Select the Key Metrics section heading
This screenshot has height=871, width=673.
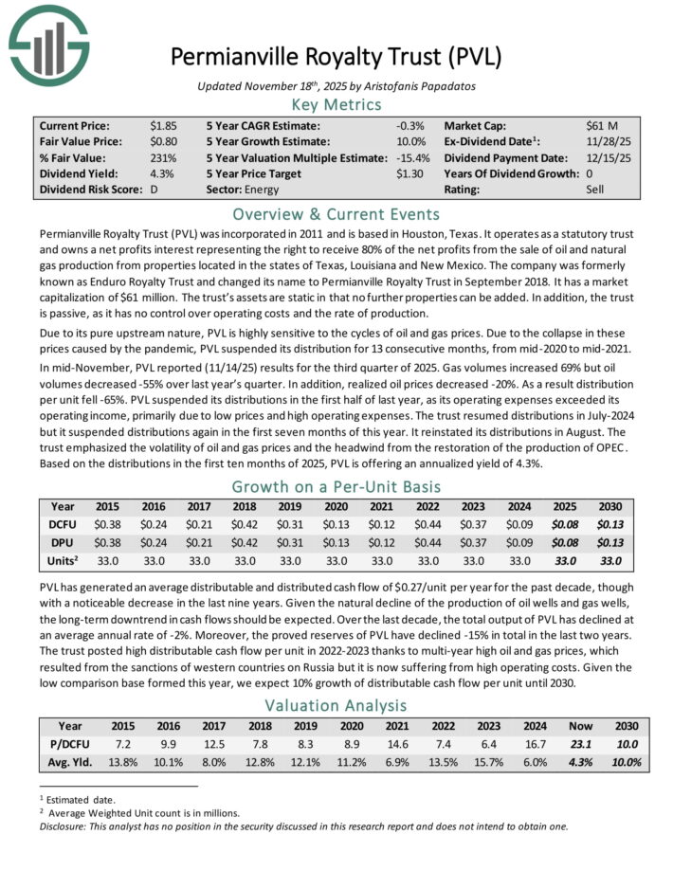click(x=336, y=105)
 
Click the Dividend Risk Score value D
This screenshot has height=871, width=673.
click(x=153, y=190)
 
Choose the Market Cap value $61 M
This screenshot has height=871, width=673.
click(x=604, y=125)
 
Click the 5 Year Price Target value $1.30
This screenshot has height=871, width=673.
click(x=409, y=173)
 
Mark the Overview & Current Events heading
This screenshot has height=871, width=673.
click(x=336, y=213)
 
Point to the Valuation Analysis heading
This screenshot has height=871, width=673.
click(x=336, y=704)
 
